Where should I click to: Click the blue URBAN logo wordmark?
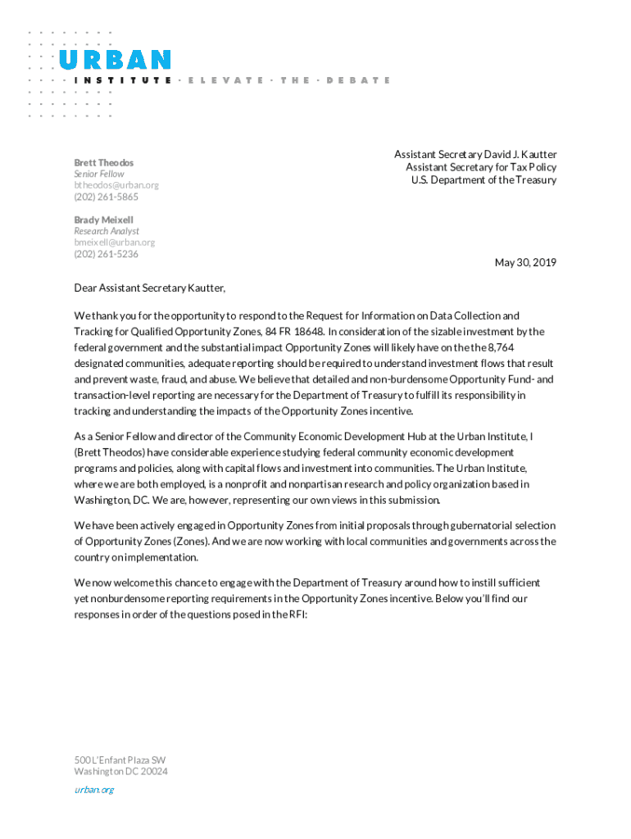115,60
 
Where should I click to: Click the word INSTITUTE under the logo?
123,80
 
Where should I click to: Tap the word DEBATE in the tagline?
358,80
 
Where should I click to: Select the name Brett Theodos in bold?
103,162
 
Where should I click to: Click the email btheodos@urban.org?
116,185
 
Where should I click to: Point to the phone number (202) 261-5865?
107,197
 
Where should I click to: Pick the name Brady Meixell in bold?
103,220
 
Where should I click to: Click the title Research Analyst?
107,231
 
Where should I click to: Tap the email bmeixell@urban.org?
115,243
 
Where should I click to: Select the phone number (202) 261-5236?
107,254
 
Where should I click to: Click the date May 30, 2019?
525,262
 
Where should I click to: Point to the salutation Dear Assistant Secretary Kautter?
149,288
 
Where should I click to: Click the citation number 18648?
308,331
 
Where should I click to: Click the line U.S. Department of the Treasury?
483,180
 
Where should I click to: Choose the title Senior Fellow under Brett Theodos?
99,174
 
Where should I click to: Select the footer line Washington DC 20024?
121,771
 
